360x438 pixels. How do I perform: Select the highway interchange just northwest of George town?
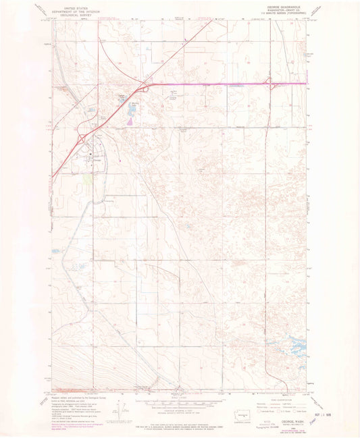[x=80, y=138]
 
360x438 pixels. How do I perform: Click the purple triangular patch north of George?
[x=129, y=122]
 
